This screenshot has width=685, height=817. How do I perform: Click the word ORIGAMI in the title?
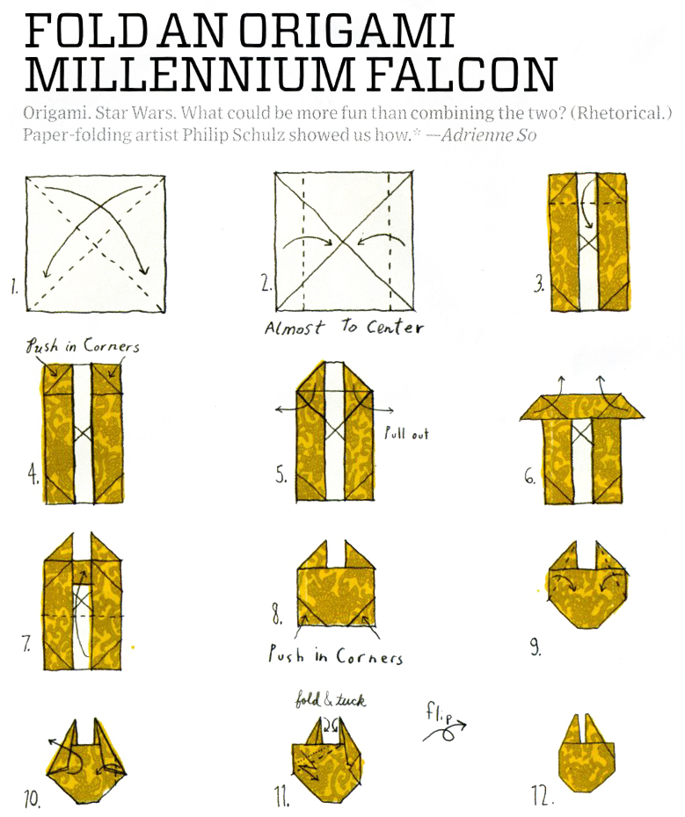point(347,31)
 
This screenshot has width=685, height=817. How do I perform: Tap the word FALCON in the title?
point(463,74)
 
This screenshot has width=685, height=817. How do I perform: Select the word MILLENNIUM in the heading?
point(188,74)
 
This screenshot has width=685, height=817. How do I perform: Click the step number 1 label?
point(14,287)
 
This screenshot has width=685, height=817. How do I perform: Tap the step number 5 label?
point(281,475)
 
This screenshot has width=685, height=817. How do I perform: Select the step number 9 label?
point(536,647)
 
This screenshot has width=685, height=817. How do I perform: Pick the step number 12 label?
point(543,796)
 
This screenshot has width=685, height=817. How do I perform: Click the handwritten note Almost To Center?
point(344,327)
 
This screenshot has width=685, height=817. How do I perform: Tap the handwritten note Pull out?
point(406,433)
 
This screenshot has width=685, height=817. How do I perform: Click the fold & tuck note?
point(331,699)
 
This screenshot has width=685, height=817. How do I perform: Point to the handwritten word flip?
point(437,712)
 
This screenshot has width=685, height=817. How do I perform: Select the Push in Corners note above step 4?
point(84,346)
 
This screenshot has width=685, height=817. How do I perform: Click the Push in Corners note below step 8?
point(335,655)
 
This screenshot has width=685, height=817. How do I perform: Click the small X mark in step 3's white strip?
point(588,242)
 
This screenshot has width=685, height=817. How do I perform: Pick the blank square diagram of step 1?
point(96,244)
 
